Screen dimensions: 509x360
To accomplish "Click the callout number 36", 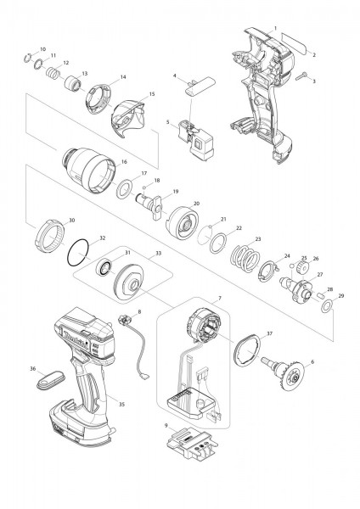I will coord(32,369).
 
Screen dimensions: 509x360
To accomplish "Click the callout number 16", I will coord(124,161).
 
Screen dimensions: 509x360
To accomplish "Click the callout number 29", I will coord(341,295).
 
